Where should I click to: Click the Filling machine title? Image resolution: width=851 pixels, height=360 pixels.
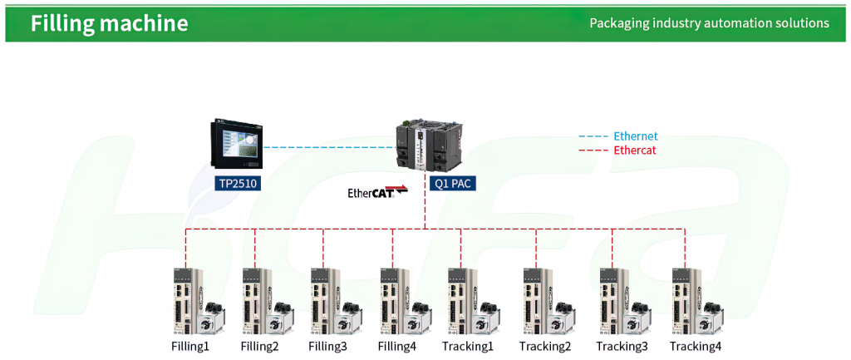109,23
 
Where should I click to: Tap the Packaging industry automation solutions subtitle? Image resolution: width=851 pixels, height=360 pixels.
710,23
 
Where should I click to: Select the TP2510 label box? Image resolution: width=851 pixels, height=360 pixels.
238,184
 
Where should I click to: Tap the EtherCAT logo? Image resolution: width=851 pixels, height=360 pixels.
378,192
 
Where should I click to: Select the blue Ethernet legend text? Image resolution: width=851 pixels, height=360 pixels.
635,136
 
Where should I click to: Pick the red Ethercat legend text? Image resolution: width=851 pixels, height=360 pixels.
634,150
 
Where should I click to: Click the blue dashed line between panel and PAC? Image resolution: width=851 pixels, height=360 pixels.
329,147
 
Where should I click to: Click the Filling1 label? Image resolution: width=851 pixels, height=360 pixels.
190,346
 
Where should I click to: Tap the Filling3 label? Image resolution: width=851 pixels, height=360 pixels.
327,346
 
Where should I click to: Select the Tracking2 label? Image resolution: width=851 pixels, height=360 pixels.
545,346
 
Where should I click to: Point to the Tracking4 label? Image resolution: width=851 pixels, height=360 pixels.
696,346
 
